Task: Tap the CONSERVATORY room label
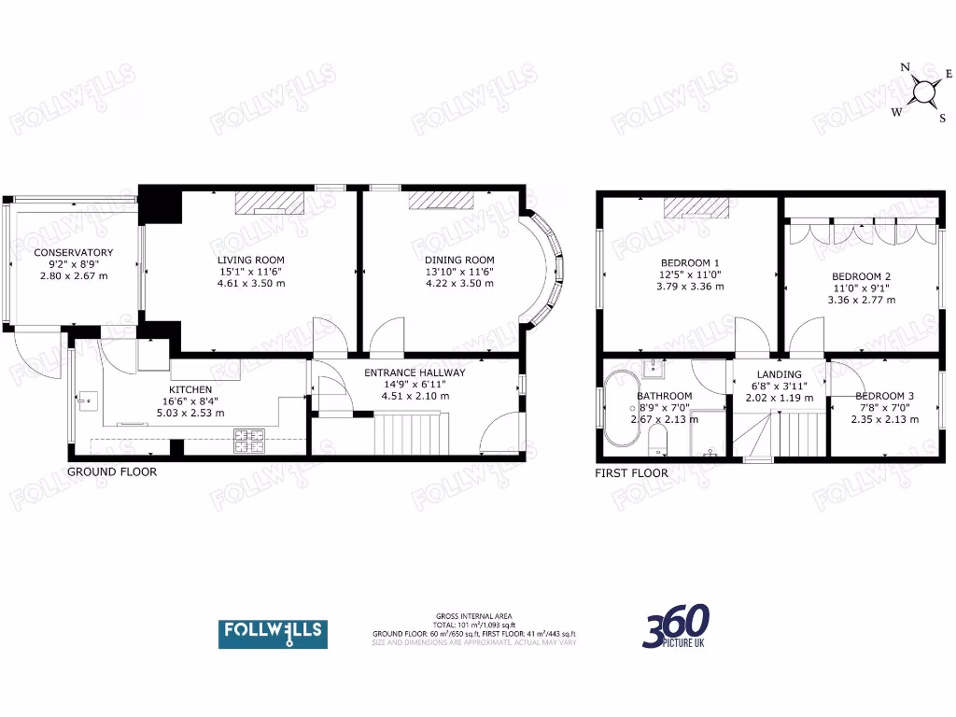click(74, 253)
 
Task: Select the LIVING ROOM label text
click(251, 260)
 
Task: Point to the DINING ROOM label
click(459, 260)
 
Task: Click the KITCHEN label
click(190, 389)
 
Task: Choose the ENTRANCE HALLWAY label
click(415, 373)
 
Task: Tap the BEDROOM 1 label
click(690, 262)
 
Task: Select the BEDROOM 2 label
click(861, 276)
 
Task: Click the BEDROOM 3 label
click(884, 396)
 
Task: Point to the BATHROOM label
click(665, 396)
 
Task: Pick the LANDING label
click(779, 374)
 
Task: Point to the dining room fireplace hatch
click(441, 200)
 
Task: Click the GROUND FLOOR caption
click(112, 471)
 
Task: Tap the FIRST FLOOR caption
click(632, 472)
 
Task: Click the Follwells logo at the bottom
click(273, 633)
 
